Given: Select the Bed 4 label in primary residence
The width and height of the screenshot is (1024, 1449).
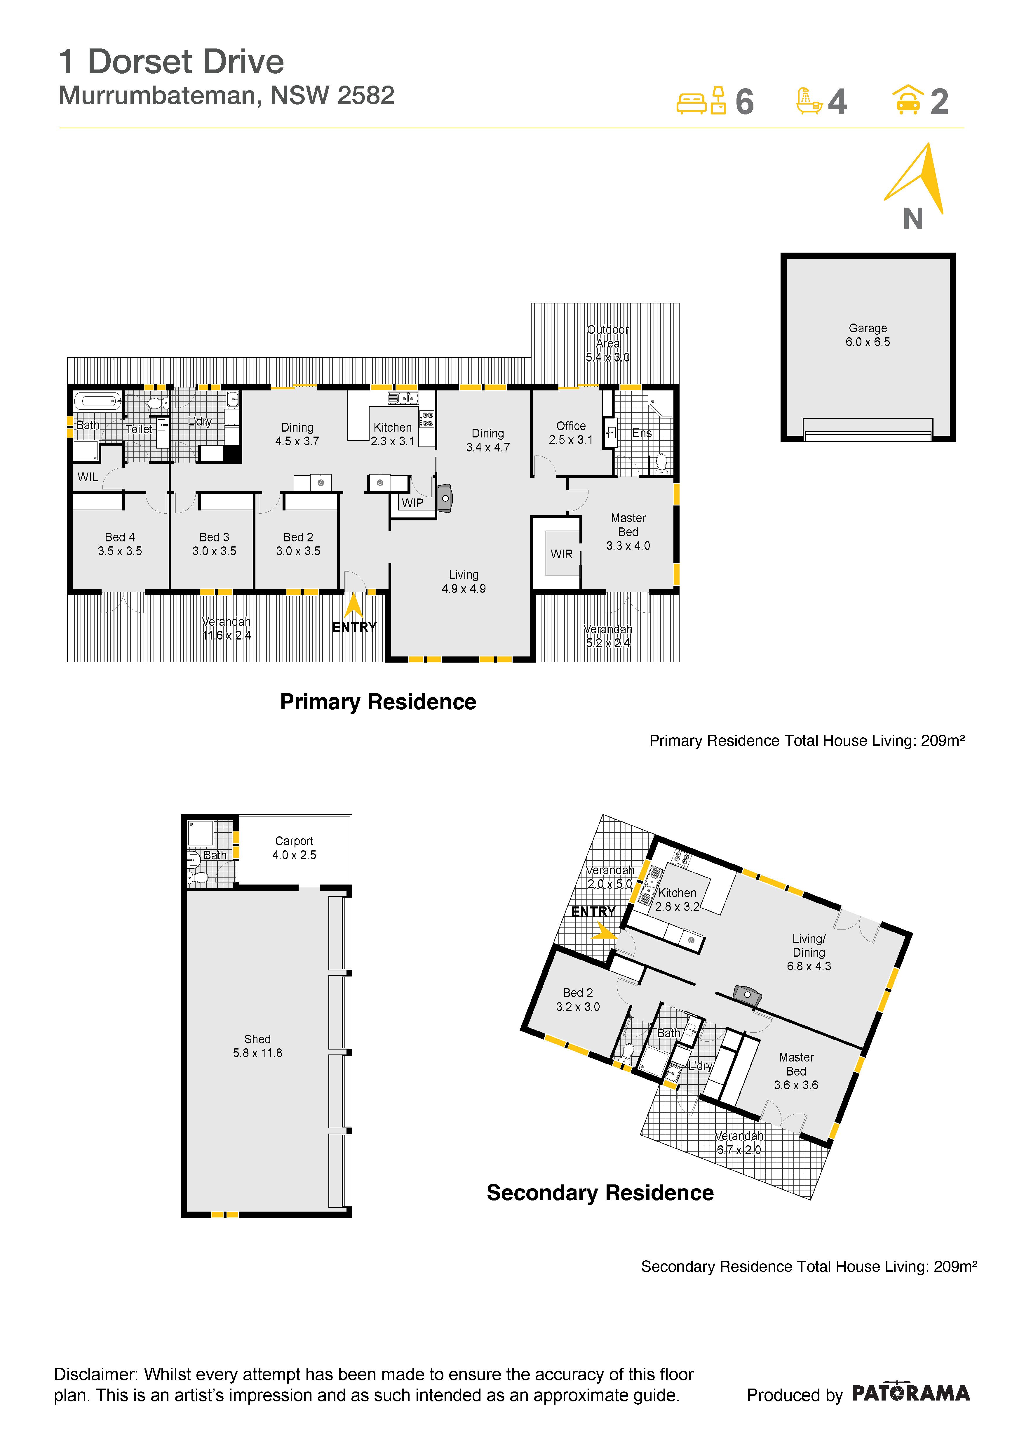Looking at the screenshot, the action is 120,544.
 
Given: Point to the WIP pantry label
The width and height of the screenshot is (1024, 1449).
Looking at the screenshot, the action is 413,503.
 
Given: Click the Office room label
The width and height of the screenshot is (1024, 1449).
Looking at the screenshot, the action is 571,433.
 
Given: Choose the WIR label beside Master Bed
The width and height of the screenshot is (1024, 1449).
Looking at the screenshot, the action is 562,554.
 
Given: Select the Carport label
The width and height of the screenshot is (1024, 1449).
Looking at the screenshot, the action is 294,847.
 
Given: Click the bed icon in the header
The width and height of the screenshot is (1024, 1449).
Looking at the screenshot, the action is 701,101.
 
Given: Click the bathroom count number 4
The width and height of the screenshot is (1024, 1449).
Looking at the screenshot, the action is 837,102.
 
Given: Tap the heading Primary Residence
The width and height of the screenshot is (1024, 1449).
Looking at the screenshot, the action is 378,702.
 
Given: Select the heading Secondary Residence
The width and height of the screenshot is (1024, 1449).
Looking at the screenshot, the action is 600,1193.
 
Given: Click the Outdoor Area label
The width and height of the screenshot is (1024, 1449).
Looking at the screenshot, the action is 607,343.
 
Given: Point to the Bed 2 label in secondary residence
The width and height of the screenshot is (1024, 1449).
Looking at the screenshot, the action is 578,1000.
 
